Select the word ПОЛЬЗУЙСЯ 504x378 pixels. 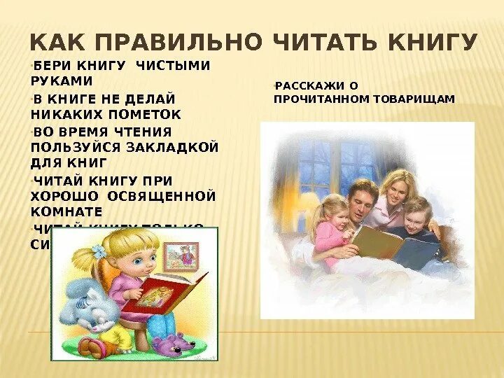pos(73,148)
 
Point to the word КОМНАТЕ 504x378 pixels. pos(66,211)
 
